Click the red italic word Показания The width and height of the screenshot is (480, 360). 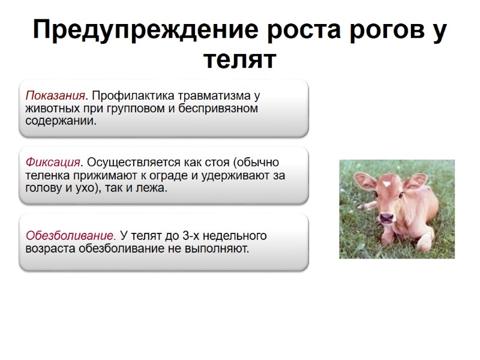click(53, 96)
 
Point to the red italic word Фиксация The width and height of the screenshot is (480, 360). click(53, 163)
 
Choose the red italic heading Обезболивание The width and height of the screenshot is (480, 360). click(71, 235)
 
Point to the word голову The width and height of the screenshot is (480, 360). click(43, 188)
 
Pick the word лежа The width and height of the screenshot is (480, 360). click(151, 188)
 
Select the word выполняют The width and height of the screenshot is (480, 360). click(217, 248)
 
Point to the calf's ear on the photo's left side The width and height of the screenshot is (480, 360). click(363, 180)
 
